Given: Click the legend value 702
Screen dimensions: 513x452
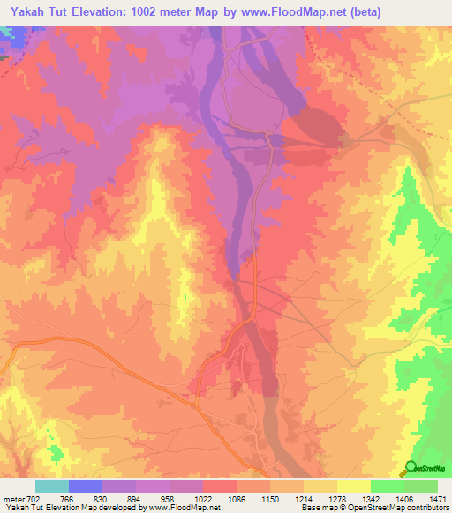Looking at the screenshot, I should tap(34, 499).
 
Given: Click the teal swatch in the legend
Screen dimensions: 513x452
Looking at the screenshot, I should tap(51, 486).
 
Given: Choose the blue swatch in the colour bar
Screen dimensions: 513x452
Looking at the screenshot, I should tap(85, 486).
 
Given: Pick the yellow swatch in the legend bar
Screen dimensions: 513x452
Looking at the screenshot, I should tap(353, 486).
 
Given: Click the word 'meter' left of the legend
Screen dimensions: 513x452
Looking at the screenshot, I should tap(15, 499).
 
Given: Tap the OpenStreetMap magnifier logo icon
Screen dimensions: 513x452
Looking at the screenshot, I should tap(409, 469).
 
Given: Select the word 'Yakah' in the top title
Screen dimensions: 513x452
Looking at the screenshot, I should tap(25, 11).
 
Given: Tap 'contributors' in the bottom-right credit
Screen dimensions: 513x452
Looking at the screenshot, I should tap(427, 508).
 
